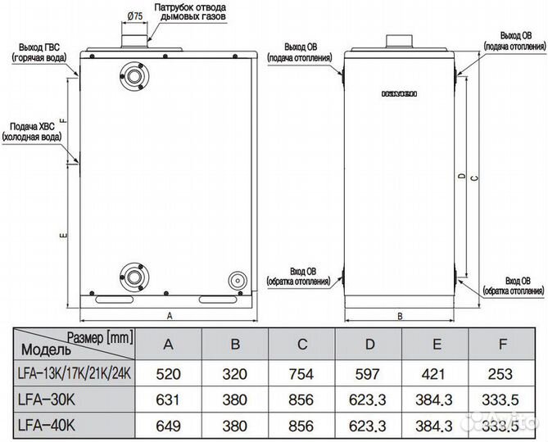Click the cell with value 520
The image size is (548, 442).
point(169,373)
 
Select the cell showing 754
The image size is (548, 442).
point(301,373)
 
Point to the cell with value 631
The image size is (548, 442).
point(169,401)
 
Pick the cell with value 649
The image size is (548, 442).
point(169,426)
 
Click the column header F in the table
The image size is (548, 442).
point(500,344)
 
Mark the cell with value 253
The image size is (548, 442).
point(500,373)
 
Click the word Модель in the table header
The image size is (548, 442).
point(43,350)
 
